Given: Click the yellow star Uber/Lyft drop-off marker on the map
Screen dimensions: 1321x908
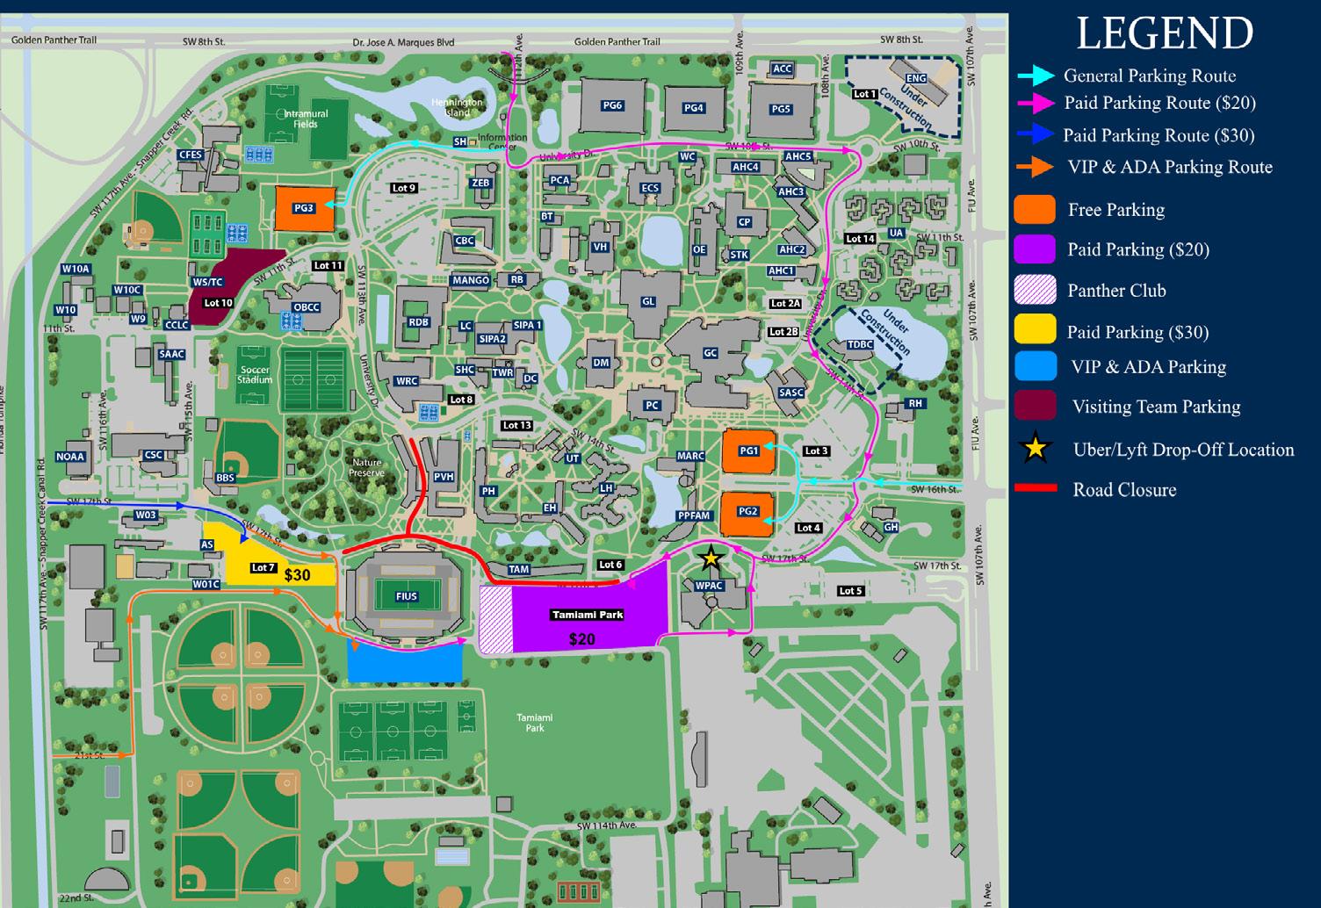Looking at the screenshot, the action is [x=710, y=558].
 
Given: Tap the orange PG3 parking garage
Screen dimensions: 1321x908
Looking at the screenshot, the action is [x=304, y=208].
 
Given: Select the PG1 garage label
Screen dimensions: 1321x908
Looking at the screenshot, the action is [x=748, y=450].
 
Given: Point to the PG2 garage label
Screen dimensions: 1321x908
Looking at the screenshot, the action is [x=747, y=511].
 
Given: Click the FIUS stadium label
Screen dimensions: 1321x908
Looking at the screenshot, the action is [x=406, y=596].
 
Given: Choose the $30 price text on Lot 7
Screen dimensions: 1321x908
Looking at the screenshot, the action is [x=297, y=575].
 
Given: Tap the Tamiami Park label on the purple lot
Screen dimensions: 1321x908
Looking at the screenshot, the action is [x=587, y=615].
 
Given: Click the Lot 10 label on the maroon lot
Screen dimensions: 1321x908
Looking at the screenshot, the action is [x=218, y=303].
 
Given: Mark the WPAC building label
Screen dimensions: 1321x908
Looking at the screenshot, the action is [x=709, y=586].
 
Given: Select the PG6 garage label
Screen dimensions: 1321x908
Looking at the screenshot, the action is [x=612, y=105].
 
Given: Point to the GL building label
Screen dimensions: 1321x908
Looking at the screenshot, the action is [x=648, y=301].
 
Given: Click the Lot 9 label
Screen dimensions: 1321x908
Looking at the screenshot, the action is [x=404, y=188].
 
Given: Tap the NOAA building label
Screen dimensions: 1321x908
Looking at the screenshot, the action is [x=70, y=457].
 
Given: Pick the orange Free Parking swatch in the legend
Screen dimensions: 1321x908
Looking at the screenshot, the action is [x=1035, y=210].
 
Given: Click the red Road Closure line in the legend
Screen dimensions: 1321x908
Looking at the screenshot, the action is [x=1036, y=488].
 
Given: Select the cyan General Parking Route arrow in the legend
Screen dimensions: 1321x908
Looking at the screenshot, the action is [x=1036, y=76].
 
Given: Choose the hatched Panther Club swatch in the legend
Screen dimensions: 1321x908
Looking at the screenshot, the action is [x=1035, y=291].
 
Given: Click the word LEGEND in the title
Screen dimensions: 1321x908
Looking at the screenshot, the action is [x=1165, y=33].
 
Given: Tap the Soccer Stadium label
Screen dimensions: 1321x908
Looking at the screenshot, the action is [x=255, y=375].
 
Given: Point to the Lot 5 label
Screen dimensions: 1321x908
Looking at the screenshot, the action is [x=850, y=591].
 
